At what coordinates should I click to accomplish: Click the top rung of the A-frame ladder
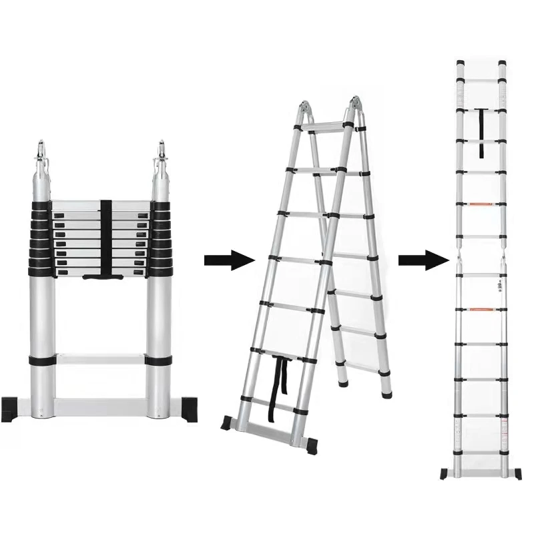click(327, 127)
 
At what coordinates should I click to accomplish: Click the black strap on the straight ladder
click(481, 133)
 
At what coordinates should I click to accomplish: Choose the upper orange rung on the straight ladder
click(481, 204)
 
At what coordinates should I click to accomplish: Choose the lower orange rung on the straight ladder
click(481, 309)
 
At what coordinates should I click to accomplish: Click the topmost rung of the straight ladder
click(481, 78)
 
